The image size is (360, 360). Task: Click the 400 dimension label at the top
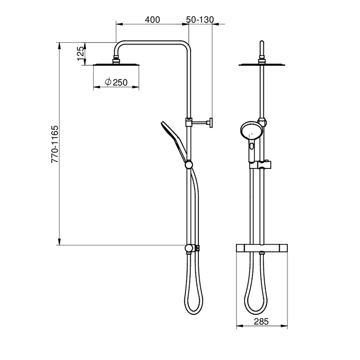coord(152,19)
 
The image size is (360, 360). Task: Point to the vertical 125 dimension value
coord(81,53)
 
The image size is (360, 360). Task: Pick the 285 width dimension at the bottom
coord(261,321)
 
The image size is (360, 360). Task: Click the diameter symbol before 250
coord(108,82)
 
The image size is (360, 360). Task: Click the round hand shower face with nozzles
coord(248,132)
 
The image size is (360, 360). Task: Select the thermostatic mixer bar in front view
coord(262,248)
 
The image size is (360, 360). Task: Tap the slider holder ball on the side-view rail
coord(188,165)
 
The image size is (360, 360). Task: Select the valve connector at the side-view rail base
coord(189,249)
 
